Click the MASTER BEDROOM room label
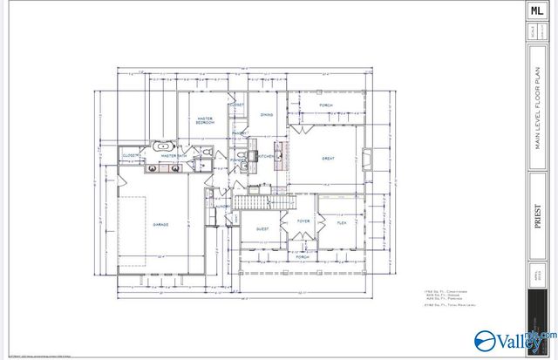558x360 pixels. point(206,120)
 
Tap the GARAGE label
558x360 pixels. point(161,224)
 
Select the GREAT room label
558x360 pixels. point(329,159)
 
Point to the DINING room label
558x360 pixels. point(268,115)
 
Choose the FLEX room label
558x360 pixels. point(343,223)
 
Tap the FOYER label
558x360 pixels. point(303,221)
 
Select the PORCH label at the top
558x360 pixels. point(325,105)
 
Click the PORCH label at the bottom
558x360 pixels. point(303,257)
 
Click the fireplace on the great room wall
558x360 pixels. point(367,158)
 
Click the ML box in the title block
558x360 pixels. point(536,11)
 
